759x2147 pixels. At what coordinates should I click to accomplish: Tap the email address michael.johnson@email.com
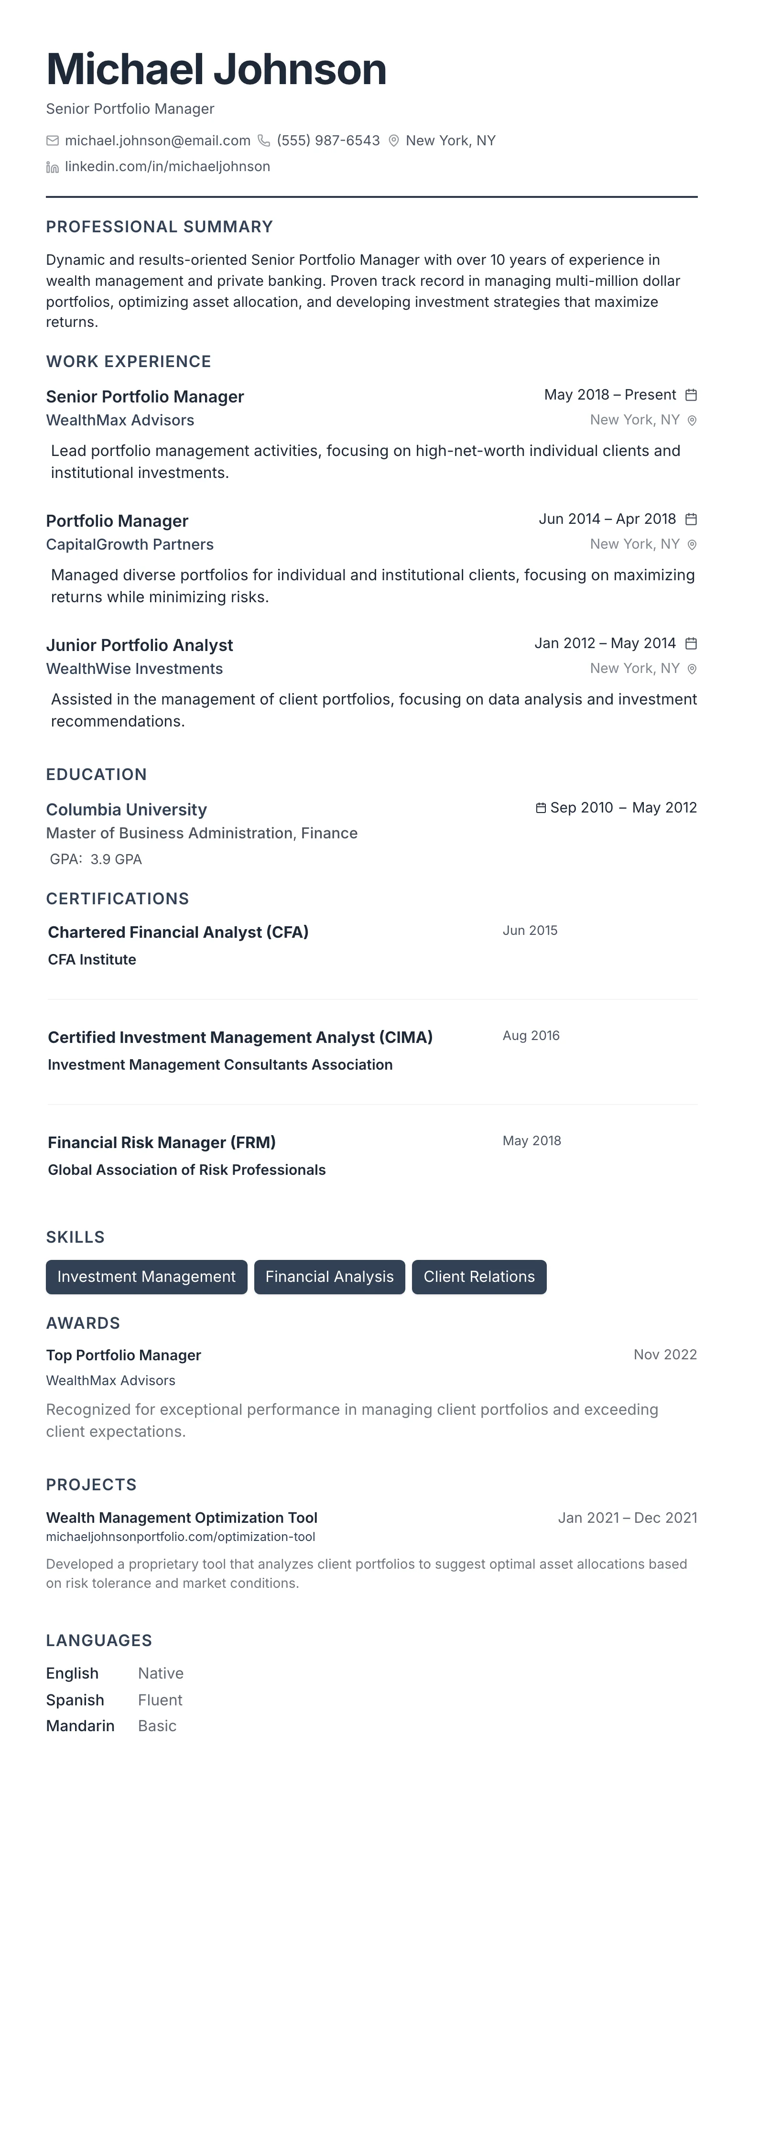157,141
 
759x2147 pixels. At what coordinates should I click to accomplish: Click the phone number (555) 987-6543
328,141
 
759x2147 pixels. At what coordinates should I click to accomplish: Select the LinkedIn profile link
167,167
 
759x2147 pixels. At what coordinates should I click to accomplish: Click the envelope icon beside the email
53,141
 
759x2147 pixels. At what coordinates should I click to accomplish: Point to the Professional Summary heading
159,227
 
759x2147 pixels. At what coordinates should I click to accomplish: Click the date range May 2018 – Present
610,395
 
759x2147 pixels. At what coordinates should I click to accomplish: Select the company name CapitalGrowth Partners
130,544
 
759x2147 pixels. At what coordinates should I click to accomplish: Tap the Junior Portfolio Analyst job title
139,645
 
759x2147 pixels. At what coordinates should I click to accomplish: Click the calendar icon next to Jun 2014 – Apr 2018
691,519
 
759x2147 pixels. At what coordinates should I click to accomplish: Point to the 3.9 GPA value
116,859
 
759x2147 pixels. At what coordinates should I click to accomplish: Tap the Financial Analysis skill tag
329,1277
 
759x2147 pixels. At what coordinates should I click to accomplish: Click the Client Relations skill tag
479,1277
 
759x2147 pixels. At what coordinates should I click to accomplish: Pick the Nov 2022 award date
665,1355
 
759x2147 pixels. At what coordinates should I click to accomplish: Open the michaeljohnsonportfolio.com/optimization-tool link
181,1537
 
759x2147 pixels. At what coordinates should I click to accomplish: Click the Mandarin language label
80,1725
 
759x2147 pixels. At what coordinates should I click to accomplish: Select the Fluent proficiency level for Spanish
160,1700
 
